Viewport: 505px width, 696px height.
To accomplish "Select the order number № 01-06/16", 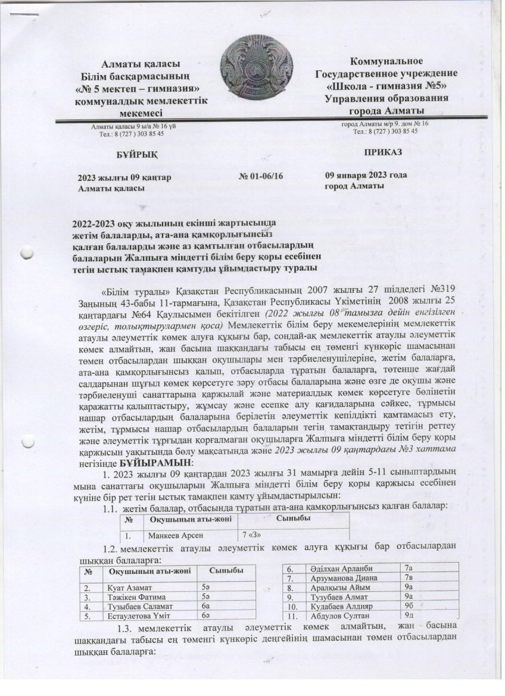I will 261,177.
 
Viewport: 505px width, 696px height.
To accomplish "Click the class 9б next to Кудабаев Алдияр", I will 409,606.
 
